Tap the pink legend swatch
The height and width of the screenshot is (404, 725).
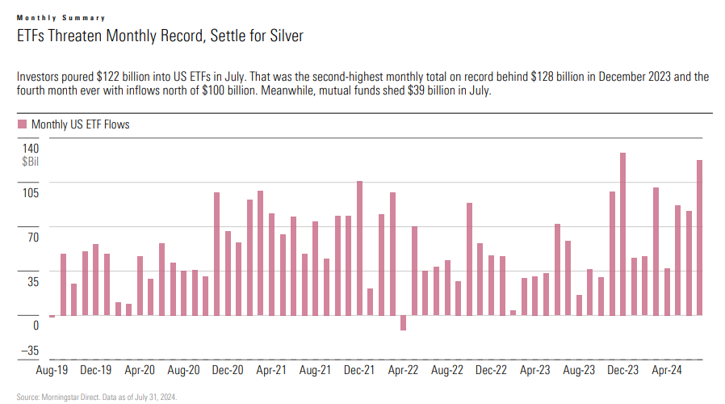21,124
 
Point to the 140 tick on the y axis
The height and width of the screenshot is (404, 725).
31,149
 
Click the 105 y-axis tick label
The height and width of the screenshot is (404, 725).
31,192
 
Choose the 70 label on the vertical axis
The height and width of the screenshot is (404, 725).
33,237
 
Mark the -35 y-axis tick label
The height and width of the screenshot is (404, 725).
31,350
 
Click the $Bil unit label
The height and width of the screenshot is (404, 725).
31,162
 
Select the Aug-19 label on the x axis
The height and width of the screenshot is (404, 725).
52,370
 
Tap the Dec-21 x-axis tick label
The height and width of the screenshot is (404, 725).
358,370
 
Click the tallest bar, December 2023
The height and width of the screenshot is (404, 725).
623,234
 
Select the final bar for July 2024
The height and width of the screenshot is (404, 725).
699,238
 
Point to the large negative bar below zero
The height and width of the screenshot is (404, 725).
403,323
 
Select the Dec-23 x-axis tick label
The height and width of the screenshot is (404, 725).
622,370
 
